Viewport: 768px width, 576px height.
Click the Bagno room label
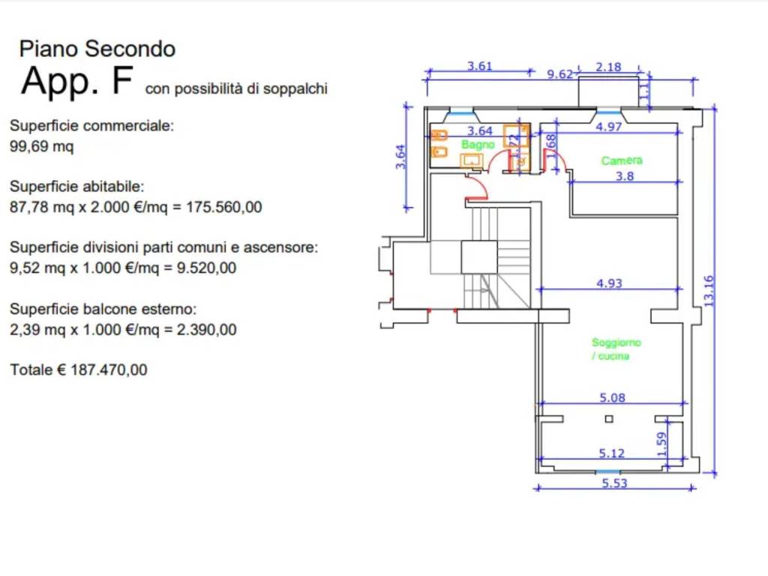tap(478, 144)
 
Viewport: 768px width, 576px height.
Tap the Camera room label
tap(622, 160)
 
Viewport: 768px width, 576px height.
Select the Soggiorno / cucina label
tap(616, 349)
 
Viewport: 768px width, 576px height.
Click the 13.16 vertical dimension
tap(709, 290)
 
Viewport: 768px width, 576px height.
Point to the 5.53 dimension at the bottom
tap(614, 484)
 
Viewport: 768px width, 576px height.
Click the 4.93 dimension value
tap(609, 283)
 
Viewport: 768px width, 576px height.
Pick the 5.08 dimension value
tap(612, 397)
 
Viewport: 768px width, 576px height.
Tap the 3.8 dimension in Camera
tap(624, 177)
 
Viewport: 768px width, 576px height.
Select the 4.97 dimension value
tap(608, 127)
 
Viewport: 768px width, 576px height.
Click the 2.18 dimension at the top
tap(608, 67)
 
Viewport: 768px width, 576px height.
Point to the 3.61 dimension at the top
tap(480, 66)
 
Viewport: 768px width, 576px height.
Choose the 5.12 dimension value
tap(612, 453)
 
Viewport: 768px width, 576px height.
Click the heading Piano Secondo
tap(97, 49)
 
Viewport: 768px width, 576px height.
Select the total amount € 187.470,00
tap(79, 370)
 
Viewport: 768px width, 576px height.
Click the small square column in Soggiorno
tap(609, 418)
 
